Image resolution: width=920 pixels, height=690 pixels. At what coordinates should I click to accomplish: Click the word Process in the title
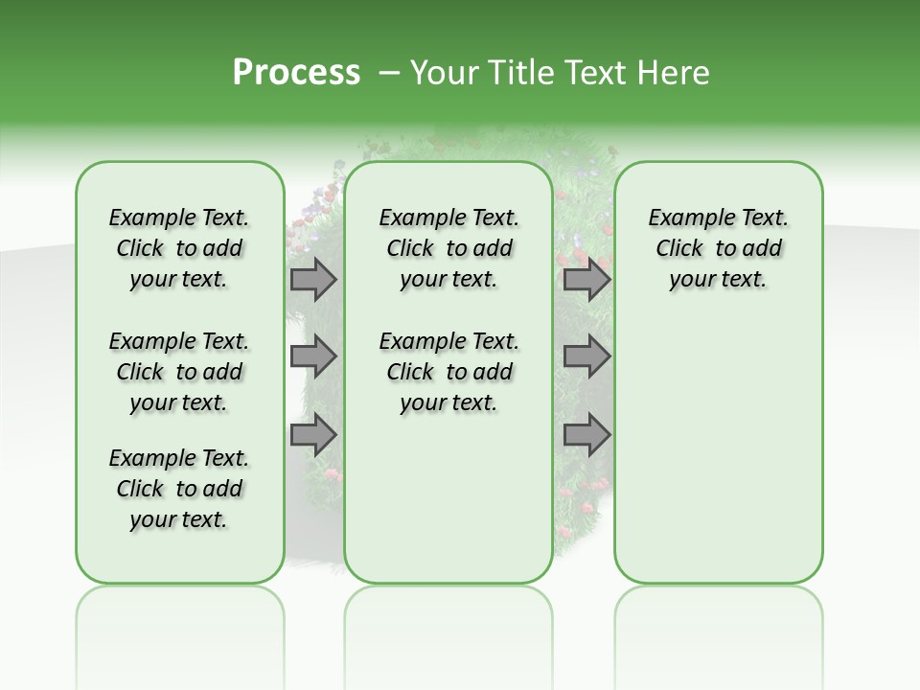pos(296,73)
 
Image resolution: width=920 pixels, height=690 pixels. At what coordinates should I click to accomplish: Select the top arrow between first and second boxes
pos(313,280)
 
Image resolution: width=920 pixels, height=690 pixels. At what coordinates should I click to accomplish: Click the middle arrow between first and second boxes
pos(313,357)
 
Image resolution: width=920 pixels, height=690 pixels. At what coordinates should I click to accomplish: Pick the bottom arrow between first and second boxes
pos(313,435)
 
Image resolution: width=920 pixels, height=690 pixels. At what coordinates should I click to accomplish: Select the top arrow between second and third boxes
pos(586,280)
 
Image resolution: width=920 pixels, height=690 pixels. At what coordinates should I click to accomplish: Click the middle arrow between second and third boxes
pos(586,357)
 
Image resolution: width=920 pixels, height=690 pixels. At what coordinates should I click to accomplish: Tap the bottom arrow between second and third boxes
pos(586,435)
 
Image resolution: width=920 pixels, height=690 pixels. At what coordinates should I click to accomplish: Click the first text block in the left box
pos(179,248)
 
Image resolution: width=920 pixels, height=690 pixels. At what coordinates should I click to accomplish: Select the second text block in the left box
pos(179,372)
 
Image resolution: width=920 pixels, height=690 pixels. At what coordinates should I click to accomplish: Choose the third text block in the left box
pos(179,489)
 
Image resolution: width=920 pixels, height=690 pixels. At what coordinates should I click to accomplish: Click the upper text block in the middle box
pos(448,248)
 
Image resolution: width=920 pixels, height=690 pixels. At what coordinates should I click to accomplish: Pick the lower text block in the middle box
pos(448,372)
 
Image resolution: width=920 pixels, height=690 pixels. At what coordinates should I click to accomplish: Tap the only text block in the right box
pos(718,248)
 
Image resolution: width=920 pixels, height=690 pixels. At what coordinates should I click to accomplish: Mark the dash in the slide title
pos(389,74)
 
